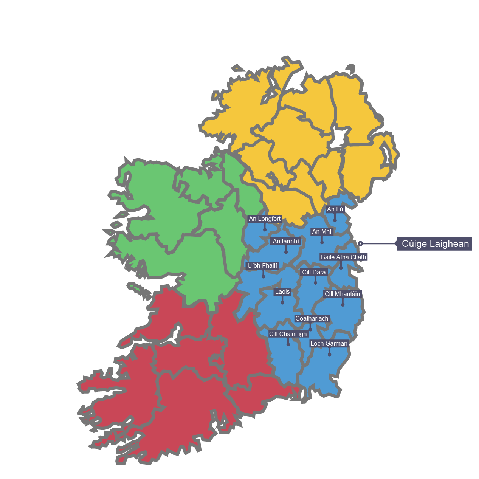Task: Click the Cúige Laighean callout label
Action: (x=435, y=244)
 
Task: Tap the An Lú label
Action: (x=335, y=209)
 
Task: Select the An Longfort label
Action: (x=265, y=219)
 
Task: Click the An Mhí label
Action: (x=322, y=231)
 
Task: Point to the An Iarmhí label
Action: (x=286, y=241)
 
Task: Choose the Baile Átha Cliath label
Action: (x=343, y=257)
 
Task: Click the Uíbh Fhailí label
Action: (x=262, y=266)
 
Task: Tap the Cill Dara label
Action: (x=314, y=272)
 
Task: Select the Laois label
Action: (x=282, y=291)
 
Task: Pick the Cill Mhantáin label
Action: (x=343, y=294)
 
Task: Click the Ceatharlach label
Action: (x=312, y=319)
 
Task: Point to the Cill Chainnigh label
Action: (x=288, y=334)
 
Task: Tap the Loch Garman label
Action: (x=329, y=344)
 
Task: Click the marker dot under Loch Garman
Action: (x=329, y=354)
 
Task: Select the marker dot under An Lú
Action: (x=335, y=220)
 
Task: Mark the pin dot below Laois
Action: (x=282, y=302)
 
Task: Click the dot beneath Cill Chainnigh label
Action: (x=288, y=344)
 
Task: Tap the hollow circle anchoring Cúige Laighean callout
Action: (x=361, y=243)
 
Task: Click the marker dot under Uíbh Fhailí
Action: (x=264, y=277)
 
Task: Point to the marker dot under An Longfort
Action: (x=265, y=229)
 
